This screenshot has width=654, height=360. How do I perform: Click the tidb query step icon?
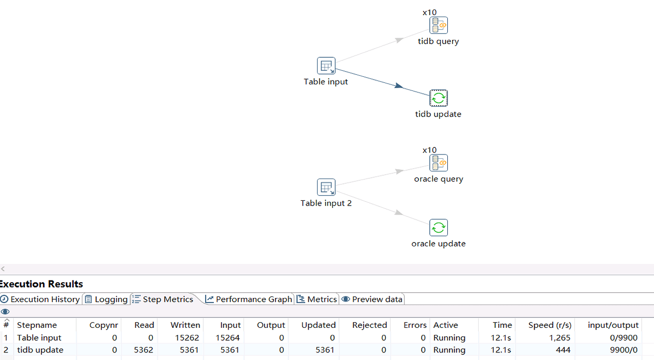pyautogui.click(x=438, y=25)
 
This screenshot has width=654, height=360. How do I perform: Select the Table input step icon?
pyautogui.click(x=326, y=66)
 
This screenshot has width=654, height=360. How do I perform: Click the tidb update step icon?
pyautogui.click(x=438, y=98)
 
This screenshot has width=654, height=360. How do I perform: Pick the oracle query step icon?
pyautogui.click(x=438, y=163)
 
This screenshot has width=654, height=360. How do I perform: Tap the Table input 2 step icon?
pyautogui.click(x=326, y=187)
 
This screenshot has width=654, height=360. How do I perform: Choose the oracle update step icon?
pyautogui.click(x=438, y=227)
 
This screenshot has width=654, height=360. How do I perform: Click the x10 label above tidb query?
pyautogui.click(x=429, y=12)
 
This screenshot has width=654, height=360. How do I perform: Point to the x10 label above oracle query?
pyautogui.click(x=429, y=150)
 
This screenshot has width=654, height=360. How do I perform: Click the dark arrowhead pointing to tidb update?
pyautogui.click(x=399, y=85)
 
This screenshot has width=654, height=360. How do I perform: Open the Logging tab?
pyautogui.click(x=107, y=299)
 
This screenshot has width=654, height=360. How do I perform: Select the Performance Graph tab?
pyautogui.click(x=249, y=299)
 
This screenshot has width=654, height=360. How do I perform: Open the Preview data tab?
pyautogui.click(x=372, y=299)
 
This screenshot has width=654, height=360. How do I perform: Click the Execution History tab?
pyautogui.click(x=40, y=299)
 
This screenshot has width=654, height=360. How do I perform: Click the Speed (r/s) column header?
pyautogui.click(x=550, y=325)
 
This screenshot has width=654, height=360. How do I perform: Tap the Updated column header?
pyautogui.click(x=318, y=325)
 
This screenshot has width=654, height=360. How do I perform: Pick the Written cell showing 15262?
pyautogui.click(x=187, y=338)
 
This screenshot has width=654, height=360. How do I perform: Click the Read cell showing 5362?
pyautogui.click(x=143, y=350)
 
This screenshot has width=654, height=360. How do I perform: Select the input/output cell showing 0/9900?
pyautogui.click(x=623, y=338)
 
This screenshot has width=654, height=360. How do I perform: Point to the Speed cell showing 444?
pyautogui.click(x=563, y=350)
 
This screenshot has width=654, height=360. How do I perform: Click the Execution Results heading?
pyautogui.click(x=41, y=284)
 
